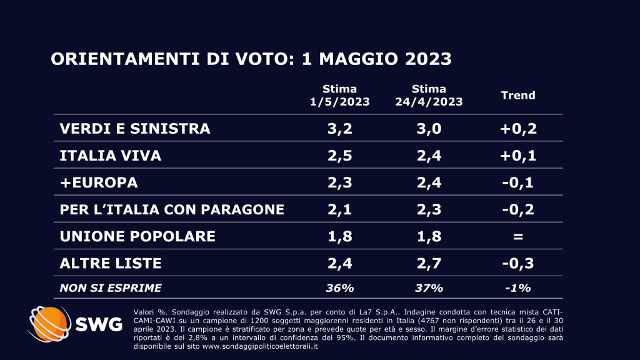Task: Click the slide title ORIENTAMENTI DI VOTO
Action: click(x=251, y=59)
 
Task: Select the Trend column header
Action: click(x=518, y=96)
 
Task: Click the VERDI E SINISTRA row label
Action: click(x=135, y=129)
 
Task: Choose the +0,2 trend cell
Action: click(x=519, y=129)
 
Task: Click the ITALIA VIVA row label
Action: click(x=111, y=156)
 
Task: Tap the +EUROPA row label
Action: click(x=98, y=182)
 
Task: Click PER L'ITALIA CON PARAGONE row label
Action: click(x=172, y=209)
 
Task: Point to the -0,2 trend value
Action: click(x=519, y=209)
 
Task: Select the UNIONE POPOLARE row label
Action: click(x=137, y=236)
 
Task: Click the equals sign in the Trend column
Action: click(x=519, y=237)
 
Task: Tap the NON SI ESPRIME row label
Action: click(x=110, y=288)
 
